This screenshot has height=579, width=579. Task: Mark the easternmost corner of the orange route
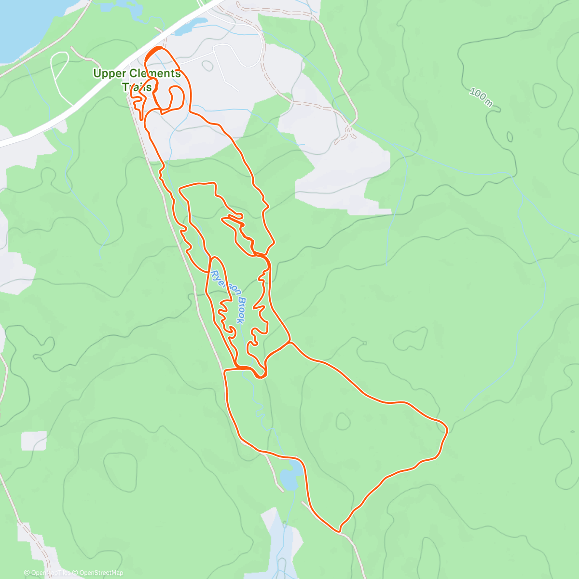tap(447, 428)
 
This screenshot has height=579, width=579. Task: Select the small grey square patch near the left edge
tap(34, 440)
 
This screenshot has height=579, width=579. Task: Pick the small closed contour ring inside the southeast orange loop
tap(343, 421)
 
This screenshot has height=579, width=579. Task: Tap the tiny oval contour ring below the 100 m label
tap(510, 137)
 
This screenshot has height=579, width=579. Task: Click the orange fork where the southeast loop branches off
tap(289, 343)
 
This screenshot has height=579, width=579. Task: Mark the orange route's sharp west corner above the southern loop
tap(225, 371)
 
